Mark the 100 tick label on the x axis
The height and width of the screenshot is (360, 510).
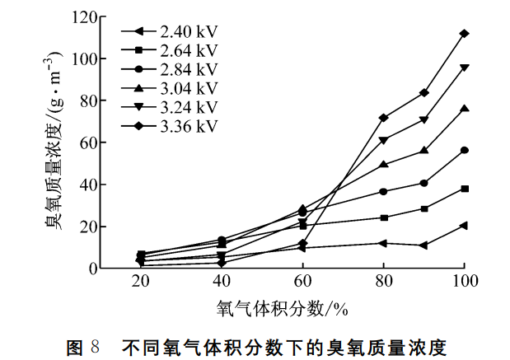465,283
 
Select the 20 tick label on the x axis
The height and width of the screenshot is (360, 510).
141,283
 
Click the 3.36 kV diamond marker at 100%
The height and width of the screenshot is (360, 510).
465,34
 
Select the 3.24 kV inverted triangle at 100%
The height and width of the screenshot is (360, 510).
465,68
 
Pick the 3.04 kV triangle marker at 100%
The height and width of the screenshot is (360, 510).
465,108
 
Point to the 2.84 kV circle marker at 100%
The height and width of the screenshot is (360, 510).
465,150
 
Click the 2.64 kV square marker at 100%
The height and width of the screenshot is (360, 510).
465,189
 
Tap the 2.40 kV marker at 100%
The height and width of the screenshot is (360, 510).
465,225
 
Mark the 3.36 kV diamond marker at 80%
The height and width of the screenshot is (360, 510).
383,118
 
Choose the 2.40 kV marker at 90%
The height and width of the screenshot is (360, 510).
423,245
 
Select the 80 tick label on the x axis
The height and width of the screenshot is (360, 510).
383,283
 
